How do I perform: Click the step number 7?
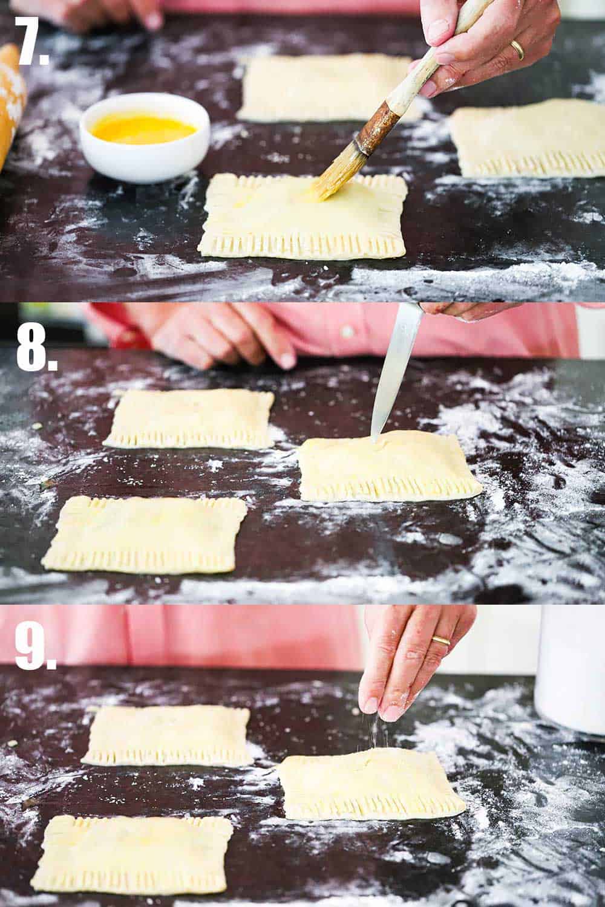click(x=31, y=40)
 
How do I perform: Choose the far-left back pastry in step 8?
click(x=191, y=418)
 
